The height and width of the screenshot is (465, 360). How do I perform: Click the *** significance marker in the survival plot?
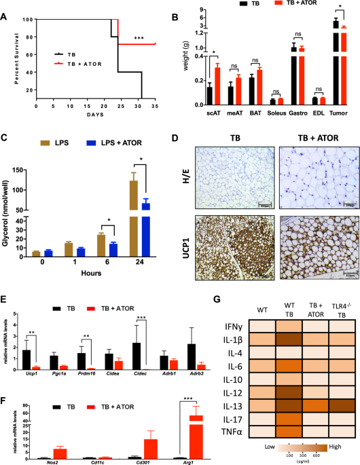pos(139,39)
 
